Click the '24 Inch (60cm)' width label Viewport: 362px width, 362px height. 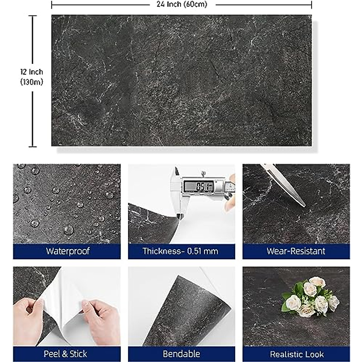(x=182, y=4)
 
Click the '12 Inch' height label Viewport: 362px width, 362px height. (x=32, y=72)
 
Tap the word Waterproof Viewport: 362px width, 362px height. (x=68, y=251)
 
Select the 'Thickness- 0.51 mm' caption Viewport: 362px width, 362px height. (x=180, y=251)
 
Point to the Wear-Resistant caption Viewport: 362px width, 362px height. (x=296, y=251)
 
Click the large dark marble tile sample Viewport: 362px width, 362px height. (x=181, y=81)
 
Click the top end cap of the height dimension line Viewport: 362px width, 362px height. (x=33, y=16)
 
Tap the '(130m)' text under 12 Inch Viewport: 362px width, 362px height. (x=32, y=82)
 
